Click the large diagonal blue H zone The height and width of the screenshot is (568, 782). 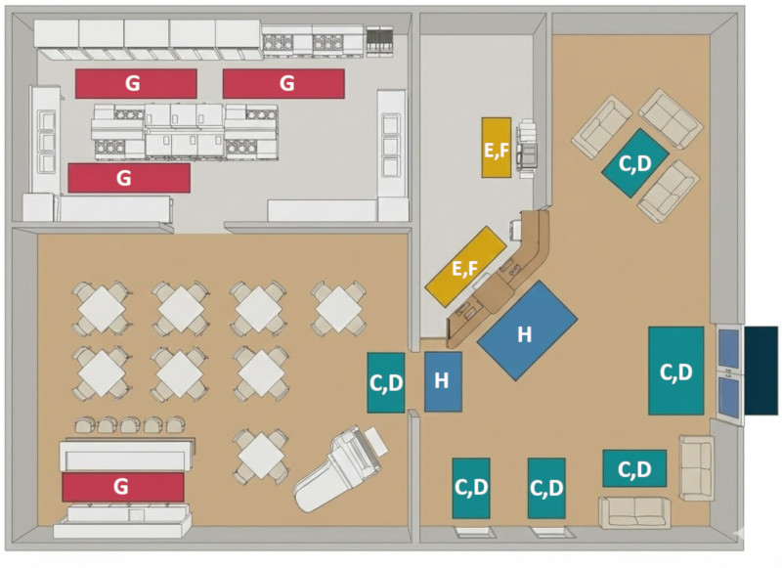(527, 330)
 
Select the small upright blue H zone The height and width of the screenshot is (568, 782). (443, 380)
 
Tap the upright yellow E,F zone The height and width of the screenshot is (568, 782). (496, 148)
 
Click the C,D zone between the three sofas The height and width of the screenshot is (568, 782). (634, 163)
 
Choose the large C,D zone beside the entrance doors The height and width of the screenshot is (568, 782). (675, 371)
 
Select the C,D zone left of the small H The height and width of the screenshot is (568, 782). (386, 381)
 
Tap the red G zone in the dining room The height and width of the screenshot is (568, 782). (123, 486)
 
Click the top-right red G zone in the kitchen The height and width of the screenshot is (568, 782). (283, 84)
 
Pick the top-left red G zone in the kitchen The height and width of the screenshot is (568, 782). (136, 84)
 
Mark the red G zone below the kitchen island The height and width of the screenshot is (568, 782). (128, 178)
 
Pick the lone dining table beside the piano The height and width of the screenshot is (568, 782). (261, 455)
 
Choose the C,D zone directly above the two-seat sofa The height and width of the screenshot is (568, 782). (634, 468)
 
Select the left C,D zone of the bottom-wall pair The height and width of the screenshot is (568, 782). (470, 488)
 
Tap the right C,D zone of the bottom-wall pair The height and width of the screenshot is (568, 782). (546, 488)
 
